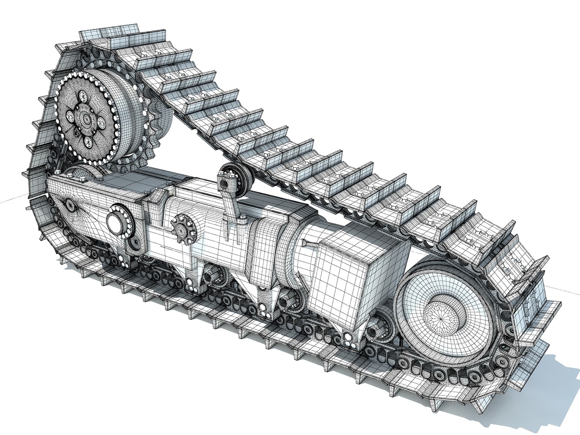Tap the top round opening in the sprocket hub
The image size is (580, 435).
pos(84,96)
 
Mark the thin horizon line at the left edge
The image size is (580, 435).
pos(12,200)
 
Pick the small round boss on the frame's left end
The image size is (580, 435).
pos(70,207)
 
